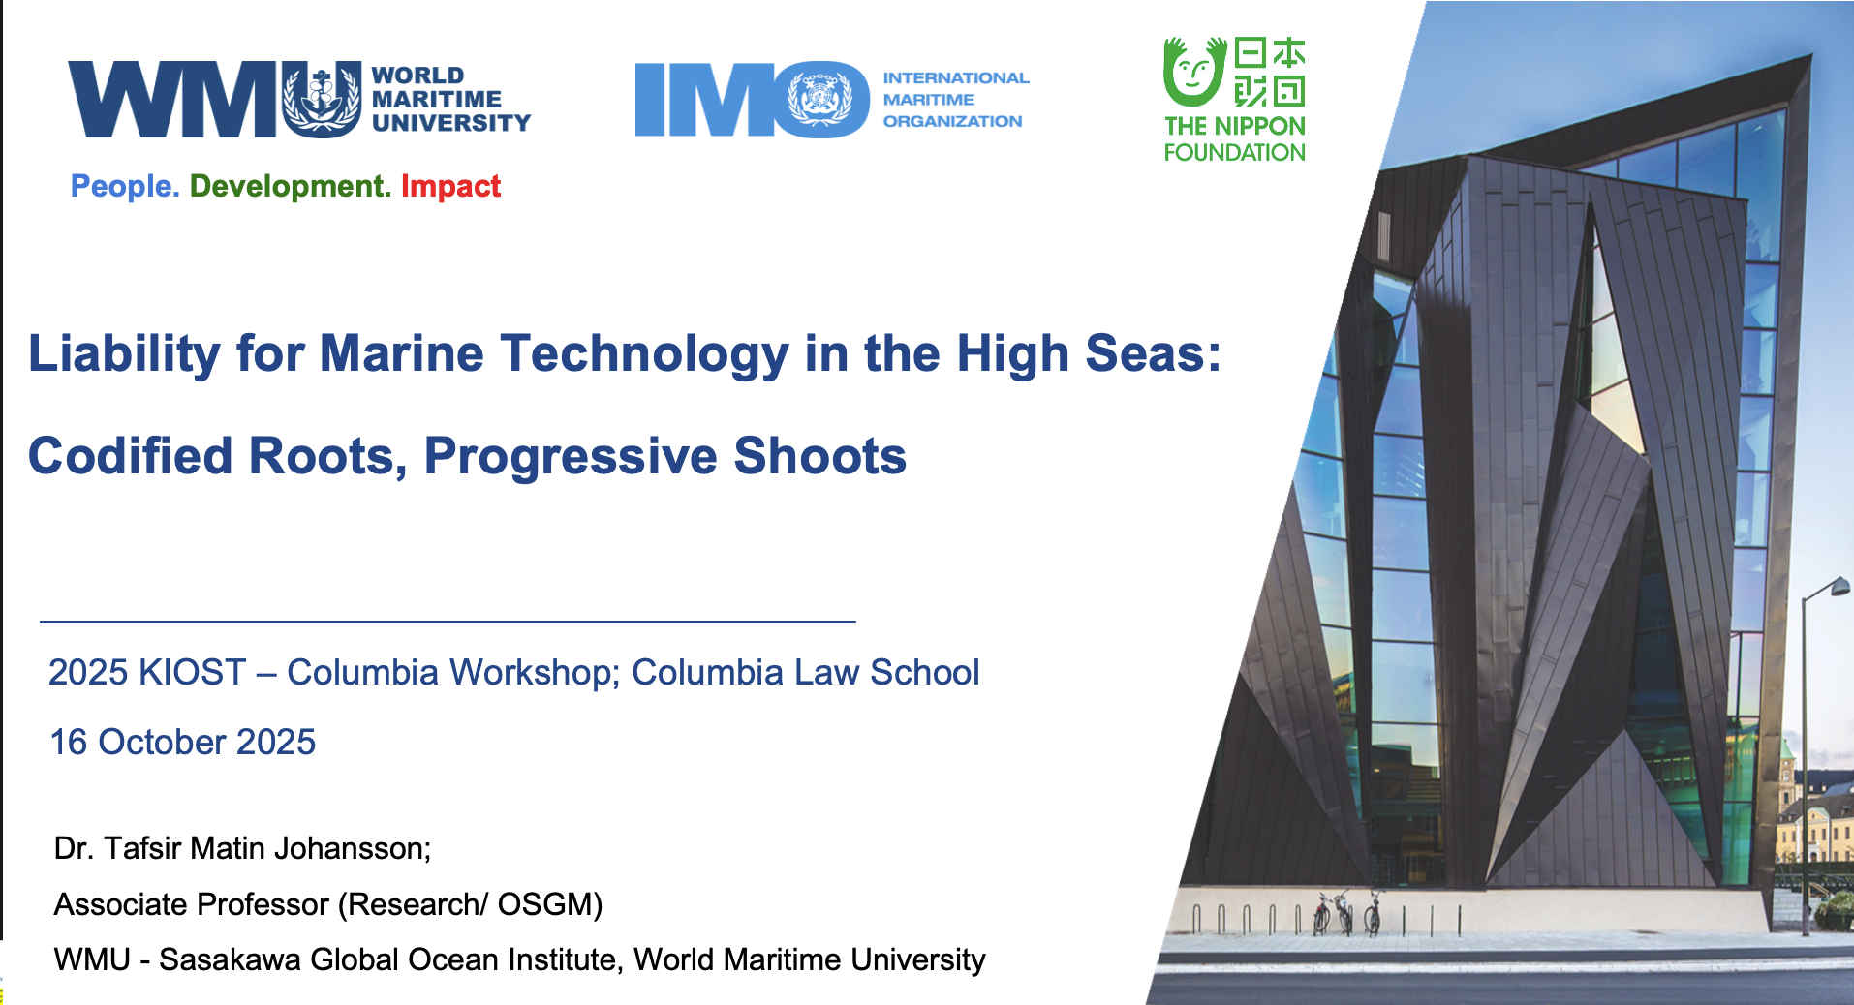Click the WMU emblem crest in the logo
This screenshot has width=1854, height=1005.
pos(322,99)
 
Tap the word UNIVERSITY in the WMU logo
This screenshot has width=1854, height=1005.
pos(451,123)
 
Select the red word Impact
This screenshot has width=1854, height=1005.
pos(450,186)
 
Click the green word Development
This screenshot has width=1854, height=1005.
pos(290,186)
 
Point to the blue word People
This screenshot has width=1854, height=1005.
pos(125,186)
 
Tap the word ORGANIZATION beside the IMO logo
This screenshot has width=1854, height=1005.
pos(952,121)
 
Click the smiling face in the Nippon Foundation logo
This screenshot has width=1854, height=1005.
pos(1193,72)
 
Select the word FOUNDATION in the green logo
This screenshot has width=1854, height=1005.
pos(1235,152)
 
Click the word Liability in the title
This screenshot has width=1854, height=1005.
pos(125,353)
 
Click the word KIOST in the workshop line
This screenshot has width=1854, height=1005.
pos(193,672)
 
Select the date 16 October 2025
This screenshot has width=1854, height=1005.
pos(183,742)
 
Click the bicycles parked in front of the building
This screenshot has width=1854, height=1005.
pos(1347,912)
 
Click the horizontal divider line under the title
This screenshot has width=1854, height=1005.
pos(448,621)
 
